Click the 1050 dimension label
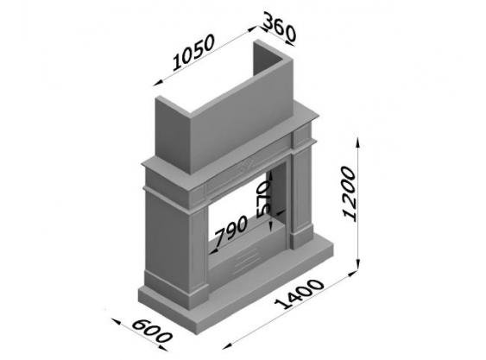tap(193, 52)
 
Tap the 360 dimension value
tap(280, 27)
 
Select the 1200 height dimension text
tap(349, 193)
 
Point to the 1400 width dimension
tap(300, 294)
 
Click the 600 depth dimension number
tap(152, 332)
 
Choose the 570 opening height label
tap(264, 199)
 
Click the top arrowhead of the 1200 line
tap(357, 142)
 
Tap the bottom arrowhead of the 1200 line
tap(357, 263)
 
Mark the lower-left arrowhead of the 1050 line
tap(158, 83)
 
